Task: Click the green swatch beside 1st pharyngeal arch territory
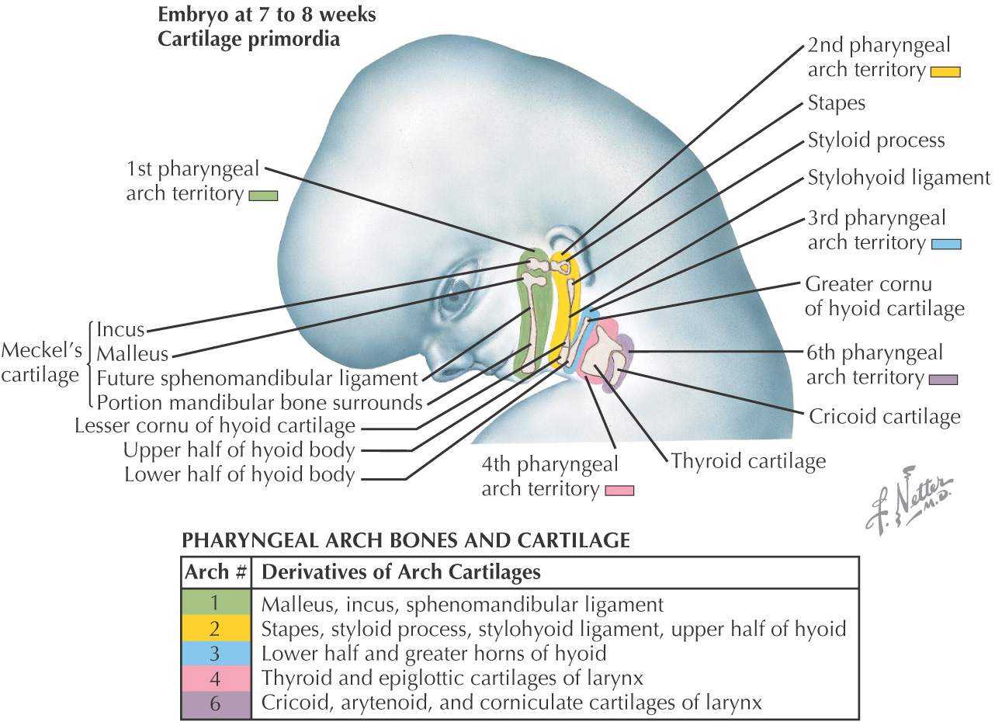click(263, 196)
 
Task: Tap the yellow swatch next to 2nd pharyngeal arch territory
click(946, 72)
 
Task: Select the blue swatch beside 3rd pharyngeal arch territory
click(946, 244)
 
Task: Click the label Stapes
click(836, 103)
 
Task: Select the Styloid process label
click(875, 141)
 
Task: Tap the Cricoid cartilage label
click(884, 416)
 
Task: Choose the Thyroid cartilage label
click(747, 461)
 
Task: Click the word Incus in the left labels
click(121, 329)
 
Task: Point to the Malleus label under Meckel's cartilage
click(132, 354)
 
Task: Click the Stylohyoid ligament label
click(898, 178)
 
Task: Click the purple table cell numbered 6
click(216, 703)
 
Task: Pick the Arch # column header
click(216, 573)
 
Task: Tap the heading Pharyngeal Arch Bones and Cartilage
click(404, 540)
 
